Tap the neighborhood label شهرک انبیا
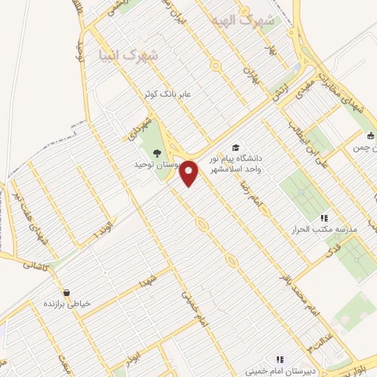tap(127, 54)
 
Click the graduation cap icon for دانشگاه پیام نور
tap(235, 147)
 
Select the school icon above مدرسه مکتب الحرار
tap(323, 218)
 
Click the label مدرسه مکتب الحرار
tap(324, 230)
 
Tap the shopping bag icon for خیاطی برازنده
tap(67, 292)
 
